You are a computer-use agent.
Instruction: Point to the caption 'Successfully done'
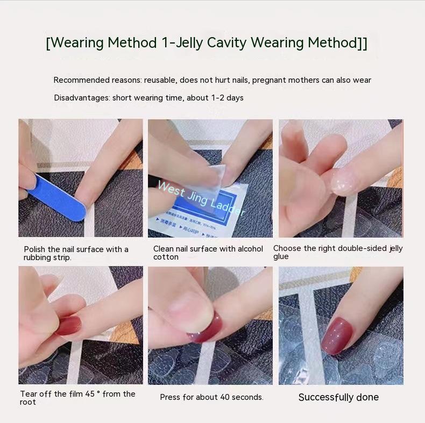pyautogui.click(x=338, y=397)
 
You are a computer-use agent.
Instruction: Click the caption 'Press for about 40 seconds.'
pyautogui.click(x=211, y=397)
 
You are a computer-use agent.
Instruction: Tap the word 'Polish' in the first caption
pyautogui.click(x=34, y=249)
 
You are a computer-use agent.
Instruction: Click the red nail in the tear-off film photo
pyautogui.click(x=69, y=325)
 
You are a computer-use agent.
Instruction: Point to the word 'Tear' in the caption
pyautogui.click(x=29, y=394)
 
